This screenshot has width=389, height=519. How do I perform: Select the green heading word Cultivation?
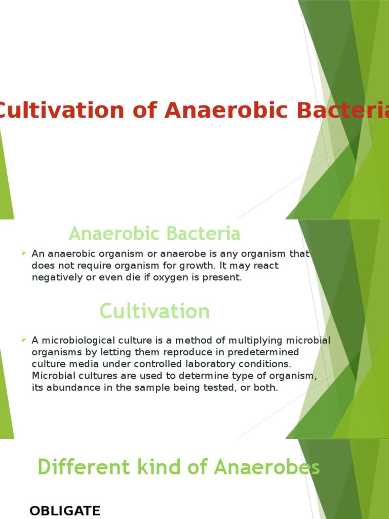pos(154,311)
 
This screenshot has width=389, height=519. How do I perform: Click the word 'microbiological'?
pos(76,340)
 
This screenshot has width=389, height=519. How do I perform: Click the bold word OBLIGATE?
pos(65,510)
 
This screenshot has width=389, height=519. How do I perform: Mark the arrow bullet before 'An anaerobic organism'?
pos(24,253)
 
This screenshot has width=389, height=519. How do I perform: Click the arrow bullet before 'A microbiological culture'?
pos(24,340)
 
